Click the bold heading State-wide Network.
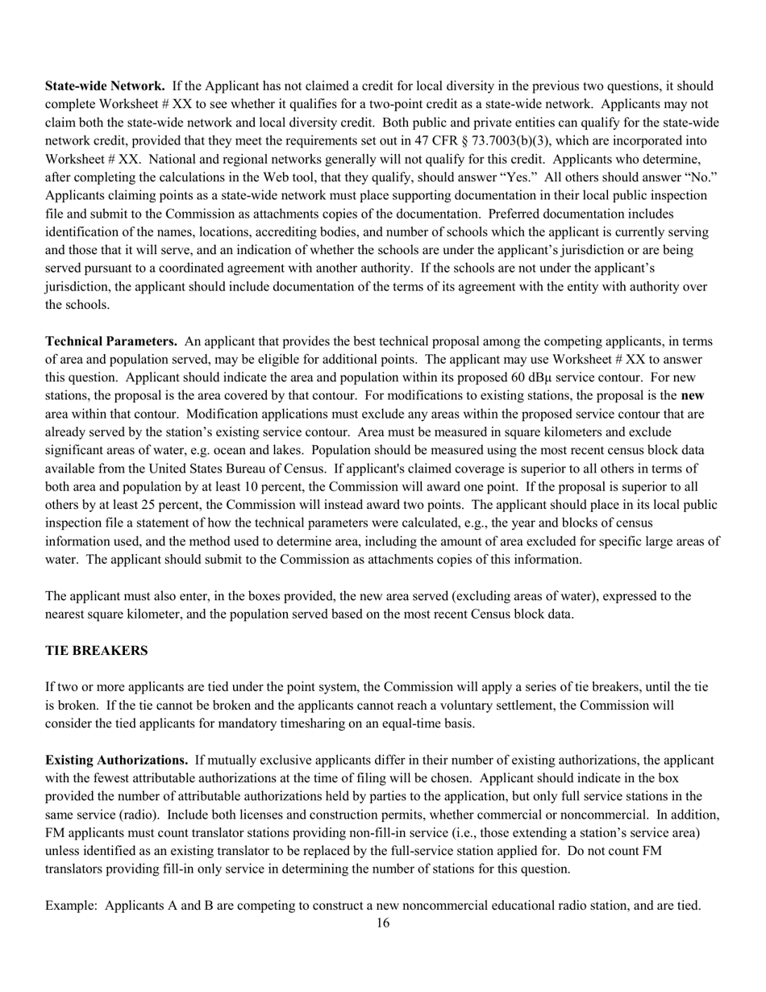[105, 85]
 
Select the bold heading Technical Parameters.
[111, 341]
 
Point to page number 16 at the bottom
[383, 923]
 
